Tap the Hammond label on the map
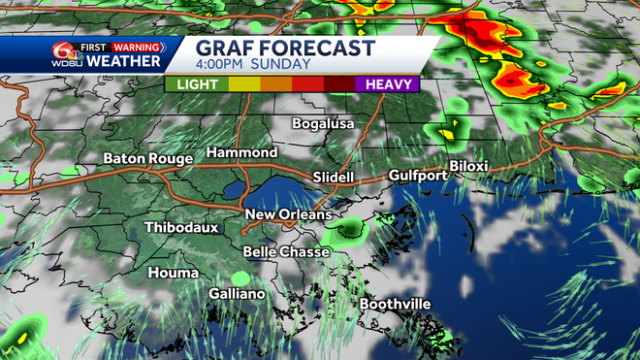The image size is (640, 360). [x=241, y=153]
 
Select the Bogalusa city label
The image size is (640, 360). [x=324, y=124]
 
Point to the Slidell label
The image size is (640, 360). [x=334, y=178]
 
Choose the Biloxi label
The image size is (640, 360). [x=468, y=166]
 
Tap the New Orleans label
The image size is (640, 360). [x=288, y=214]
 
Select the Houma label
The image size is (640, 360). [x=173, y=274]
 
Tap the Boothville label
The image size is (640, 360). [x=396, y=305]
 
